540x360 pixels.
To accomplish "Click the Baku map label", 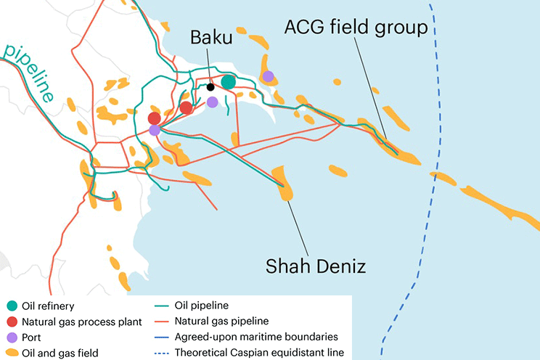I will [x=212, y=38].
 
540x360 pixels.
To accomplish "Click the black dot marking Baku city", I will [x=210, y=87].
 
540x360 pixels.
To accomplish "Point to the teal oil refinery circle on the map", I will [x=229, y=82].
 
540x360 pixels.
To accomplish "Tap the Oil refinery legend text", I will [x=54, y=306].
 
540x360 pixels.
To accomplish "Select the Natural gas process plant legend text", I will [x=81, y=322].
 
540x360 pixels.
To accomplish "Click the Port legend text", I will [x=34, y=337].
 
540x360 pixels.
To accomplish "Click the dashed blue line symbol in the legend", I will [x=165, y=353].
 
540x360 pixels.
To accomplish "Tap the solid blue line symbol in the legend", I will [x=165, y=337].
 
